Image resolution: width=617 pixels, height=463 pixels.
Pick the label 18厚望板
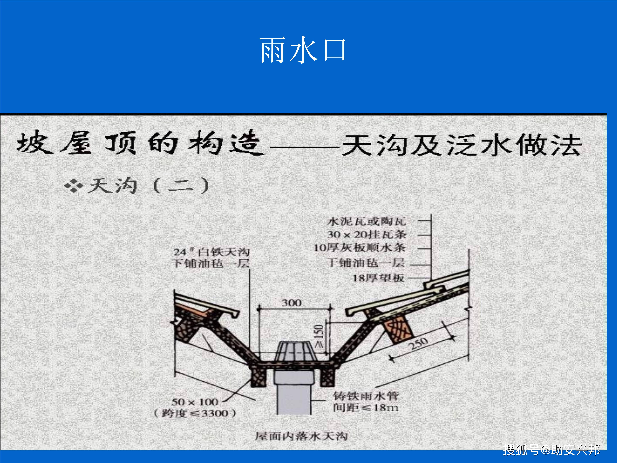pyautogui.click(x=379, y=278)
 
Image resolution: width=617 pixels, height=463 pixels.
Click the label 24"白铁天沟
pyautogui.click(x=211, y=252)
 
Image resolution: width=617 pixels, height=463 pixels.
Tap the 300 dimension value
pyautogui.click(x=291, y=303)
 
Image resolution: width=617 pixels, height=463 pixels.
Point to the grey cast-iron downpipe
pyautogui.click(x=294, y=396)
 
